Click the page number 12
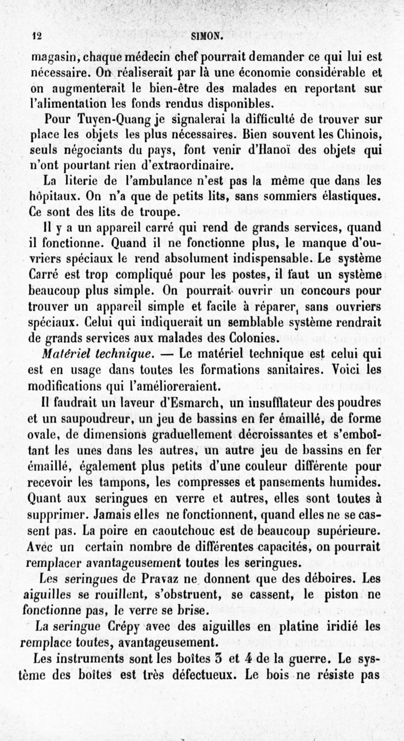[x=35, y=36]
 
